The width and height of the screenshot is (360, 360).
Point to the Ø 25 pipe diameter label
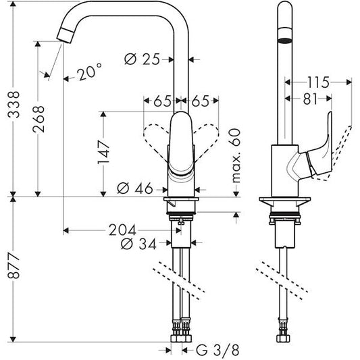[146, 59]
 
